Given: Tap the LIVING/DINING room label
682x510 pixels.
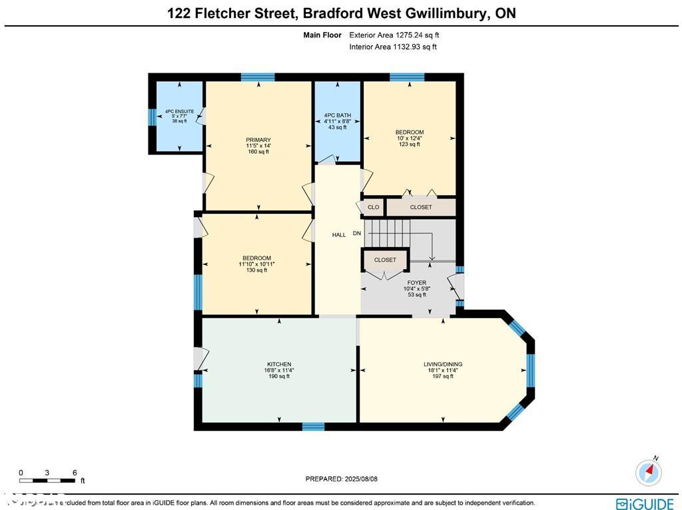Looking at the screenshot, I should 443,364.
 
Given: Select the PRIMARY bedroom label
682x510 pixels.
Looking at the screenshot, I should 258,140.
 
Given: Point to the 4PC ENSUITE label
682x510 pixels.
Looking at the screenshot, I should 179,111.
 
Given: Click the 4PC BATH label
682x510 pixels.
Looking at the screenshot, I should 337,115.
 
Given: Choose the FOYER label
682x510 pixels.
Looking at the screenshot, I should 416,283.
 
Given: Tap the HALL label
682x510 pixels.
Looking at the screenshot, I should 339,235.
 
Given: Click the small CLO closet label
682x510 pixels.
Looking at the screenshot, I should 373,207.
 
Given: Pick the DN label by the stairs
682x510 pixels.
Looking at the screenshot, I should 357,233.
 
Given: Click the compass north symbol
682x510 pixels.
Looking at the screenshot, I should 649,471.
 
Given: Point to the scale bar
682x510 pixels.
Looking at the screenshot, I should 47,480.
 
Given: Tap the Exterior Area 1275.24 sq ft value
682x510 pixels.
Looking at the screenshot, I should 394,35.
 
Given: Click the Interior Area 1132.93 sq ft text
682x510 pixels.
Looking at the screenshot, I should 393,47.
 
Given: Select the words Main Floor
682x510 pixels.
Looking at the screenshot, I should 322,35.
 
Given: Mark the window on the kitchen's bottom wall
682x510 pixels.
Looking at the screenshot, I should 313,426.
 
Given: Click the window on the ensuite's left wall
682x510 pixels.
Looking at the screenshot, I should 151,117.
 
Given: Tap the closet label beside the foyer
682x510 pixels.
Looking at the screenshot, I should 385,260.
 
